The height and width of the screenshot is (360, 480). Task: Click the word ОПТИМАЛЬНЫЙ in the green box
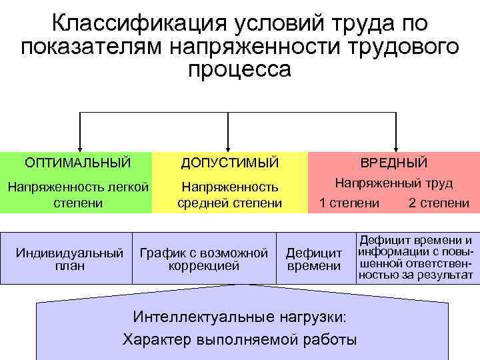point(77,163)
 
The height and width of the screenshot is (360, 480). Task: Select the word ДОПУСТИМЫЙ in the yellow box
point(230,163)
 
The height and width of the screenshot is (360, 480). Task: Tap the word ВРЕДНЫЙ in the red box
point(394,163)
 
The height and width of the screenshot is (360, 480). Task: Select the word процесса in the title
point(239,69)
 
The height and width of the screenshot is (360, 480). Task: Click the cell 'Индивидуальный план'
point(69,259)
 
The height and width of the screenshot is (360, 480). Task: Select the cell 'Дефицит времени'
point(313,259)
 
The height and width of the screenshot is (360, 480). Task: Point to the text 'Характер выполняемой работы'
point(240,339)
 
